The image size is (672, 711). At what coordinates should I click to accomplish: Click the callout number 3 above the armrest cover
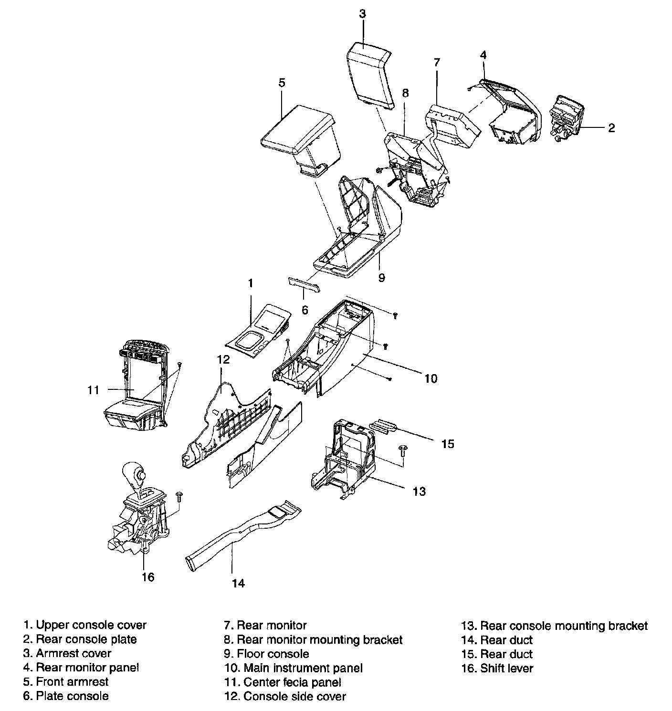[x=362, y=13]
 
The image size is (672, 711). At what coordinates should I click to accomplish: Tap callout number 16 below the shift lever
[x=148, y=577]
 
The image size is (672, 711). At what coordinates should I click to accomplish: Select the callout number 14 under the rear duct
[x=238, y=583]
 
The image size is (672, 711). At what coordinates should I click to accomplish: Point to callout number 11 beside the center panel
[x=94, y=390]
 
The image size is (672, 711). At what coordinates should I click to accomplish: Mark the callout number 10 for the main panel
[x=430, y=378]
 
